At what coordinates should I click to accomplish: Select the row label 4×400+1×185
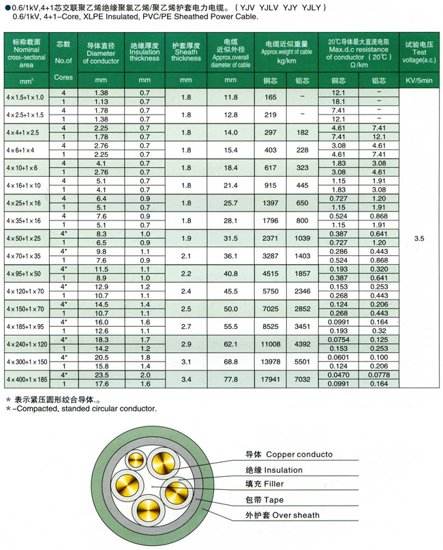coord(25,378)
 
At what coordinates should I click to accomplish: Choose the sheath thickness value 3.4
coord(186,378)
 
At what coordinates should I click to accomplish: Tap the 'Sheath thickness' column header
coord(186,54)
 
